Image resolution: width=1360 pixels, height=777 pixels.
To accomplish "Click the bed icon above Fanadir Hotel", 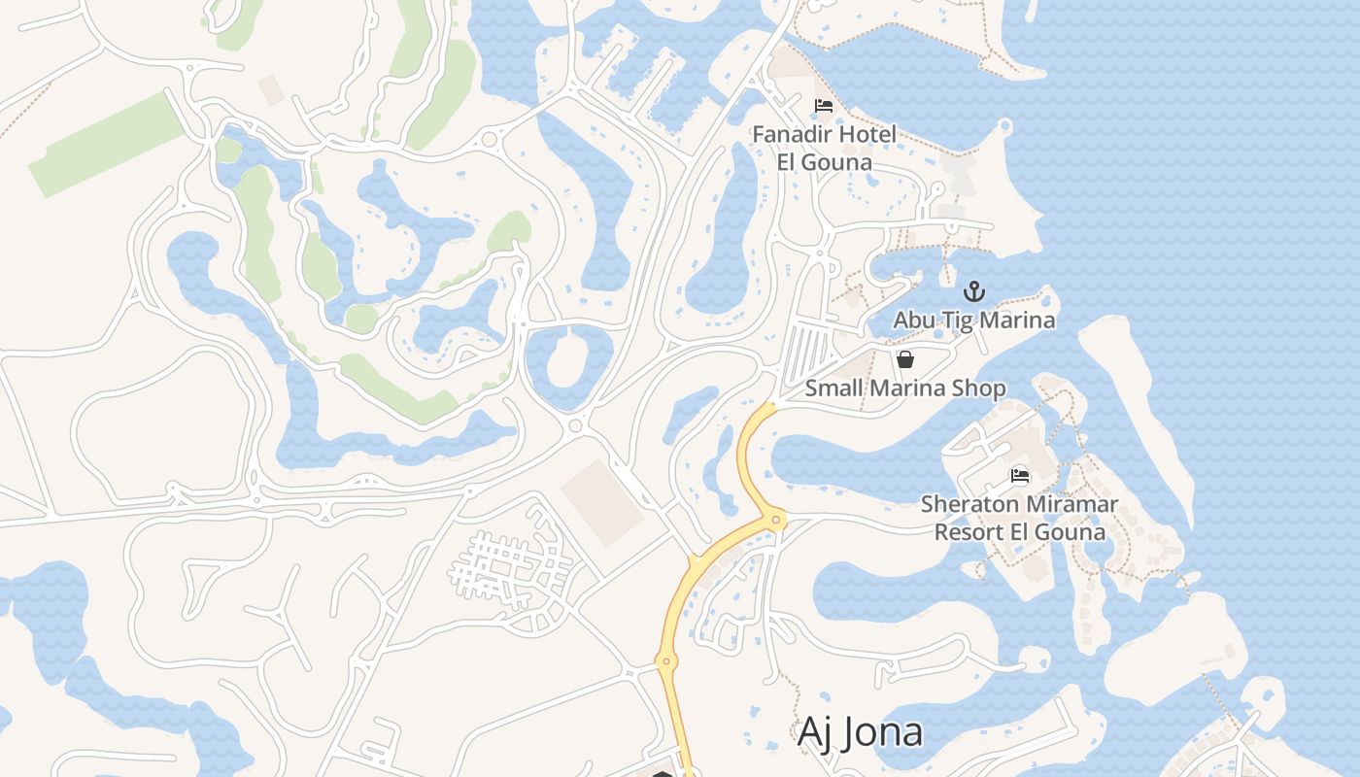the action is click(824, 106).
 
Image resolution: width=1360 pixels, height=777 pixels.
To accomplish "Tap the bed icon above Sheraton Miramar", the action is click(1020, 476).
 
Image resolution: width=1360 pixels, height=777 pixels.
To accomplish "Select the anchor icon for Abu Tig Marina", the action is click(973, 291).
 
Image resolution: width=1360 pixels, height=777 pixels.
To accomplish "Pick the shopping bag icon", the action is click(905, 360).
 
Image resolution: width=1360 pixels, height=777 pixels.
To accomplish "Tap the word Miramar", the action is click(1071, 505).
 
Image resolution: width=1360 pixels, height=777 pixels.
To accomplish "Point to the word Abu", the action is click(913, 320).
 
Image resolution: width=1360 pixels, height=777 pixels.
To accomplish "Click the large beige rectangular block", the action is click(602, 502).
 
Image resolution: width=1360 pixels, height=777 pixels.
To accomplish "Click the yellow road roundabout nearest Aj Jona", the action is click(665, 662).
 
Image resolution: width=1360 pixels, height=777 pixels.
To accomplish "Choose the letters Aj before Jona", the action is click(815, 733).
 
